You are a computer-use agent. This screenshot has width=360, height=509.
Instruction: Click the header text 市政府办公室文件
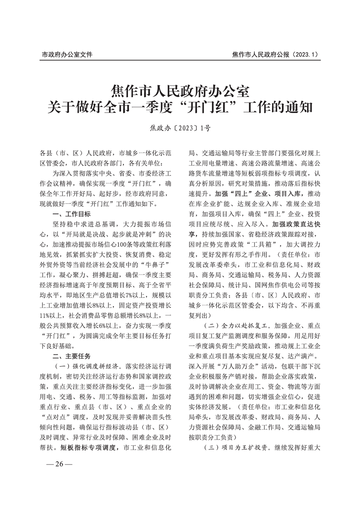[x=67, y=54]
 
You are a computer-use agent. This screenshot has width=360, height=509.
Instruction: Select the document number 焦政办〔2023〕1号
[x=180, y=128]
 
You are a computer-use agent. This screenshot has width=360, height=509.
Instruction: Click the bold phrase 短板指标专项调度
[x=89, y=447]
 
